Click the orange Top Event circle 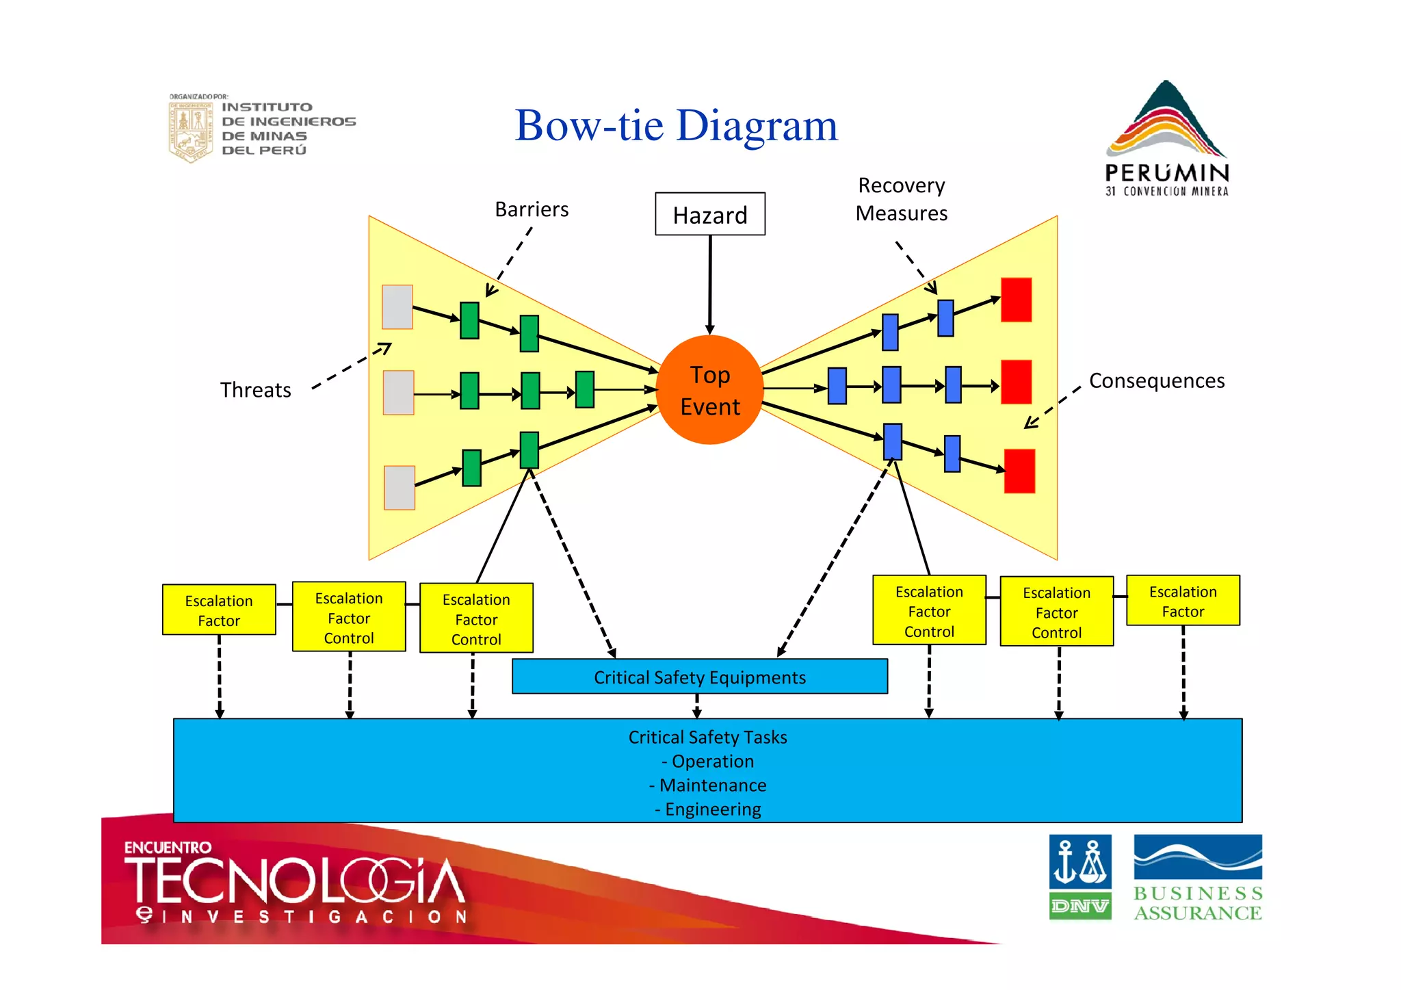709,390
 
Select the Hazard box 710,214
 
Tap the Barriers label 532,209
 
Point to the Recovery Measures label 901,199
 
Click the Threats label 255,390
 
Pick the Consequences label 1156,380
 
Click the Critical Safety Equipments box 699,677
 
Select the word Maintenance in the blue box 712,785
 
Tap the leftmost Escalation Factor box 219,610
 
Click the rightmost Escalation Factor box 1183,601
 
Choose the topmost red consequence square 1016,300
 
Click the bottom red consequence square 1019,471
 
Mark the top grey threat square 397,307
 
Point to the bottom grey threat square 400,487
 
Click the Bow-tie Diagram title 676,126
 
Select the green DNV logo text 1079,907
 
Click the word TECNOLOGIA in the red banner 294,881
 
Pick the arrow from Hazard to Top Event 710,284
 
